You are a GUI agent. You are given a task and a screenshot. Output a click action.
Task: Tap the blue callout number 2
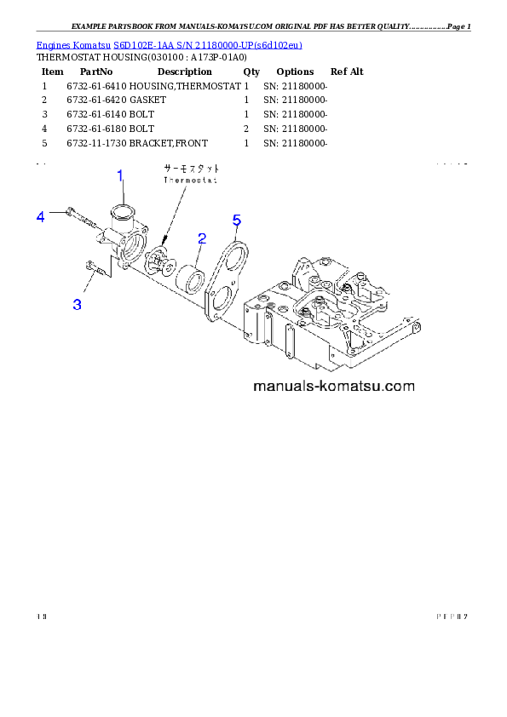click(201, 238)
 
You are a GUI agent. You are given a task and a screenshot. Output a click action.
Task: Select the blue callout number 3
click(77, 304)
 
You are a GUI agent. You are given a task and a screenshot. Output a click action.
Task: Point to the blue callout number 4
click(40, 217)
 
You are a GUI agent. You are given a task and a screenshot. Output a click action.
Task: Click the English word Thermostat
click(191, 181)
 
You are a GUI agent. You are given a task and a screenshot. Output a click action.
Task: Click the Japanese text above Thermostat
click(191, 169)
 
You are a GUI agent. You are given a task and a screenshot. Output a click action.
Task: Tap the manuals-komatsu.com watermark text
click(334, 386)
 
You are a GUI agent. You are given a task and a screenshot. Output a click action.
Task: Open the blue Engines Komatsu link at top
click(169, 44)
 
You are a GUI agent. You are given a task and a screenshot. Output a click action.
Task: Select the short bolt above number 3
click(95, 270)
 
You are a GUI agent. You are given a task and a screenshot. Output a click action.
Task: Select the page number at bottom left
click(41, 616)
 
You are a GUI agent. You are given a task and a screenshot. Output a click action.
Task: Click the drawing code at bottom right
click(452, 616)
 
